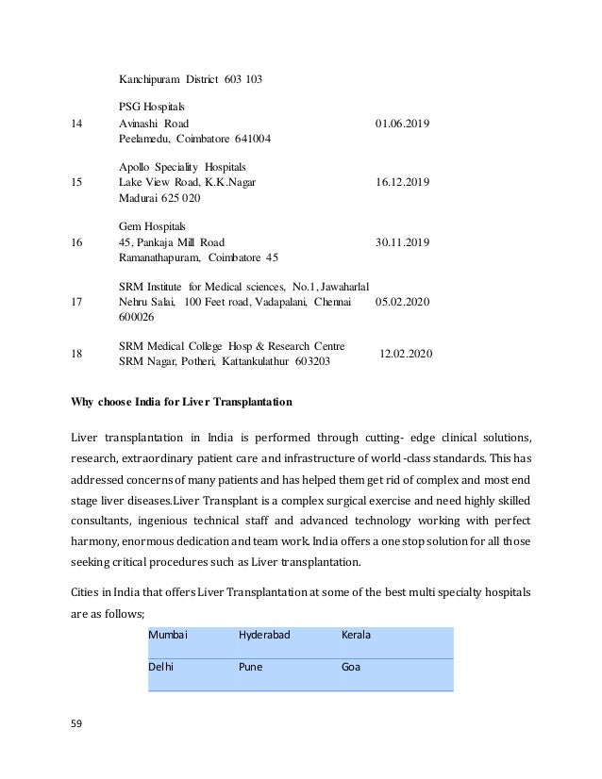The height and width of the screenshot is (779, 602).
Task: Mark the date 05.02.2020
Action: point(402,302)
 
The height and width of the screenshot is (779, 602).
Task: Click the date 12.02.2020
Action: point(406,354)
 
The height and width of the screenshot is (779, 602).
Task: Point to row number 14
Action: point(78,124)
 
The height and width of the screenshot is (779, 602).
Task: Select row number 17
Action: point(78,302)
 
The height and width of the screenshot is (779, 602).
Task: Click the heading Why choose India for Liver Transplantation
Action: point(182,402)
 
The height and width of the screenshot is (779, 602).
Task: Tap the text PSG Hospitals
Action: point(152,107)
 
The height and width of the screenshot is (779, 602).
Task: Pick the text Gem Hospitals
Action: point(152,226)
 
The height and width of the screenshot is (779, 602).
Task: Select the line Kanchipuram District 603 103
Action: point(191,78)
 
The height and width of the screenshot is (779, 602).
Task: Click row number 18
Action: point(78,354)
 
